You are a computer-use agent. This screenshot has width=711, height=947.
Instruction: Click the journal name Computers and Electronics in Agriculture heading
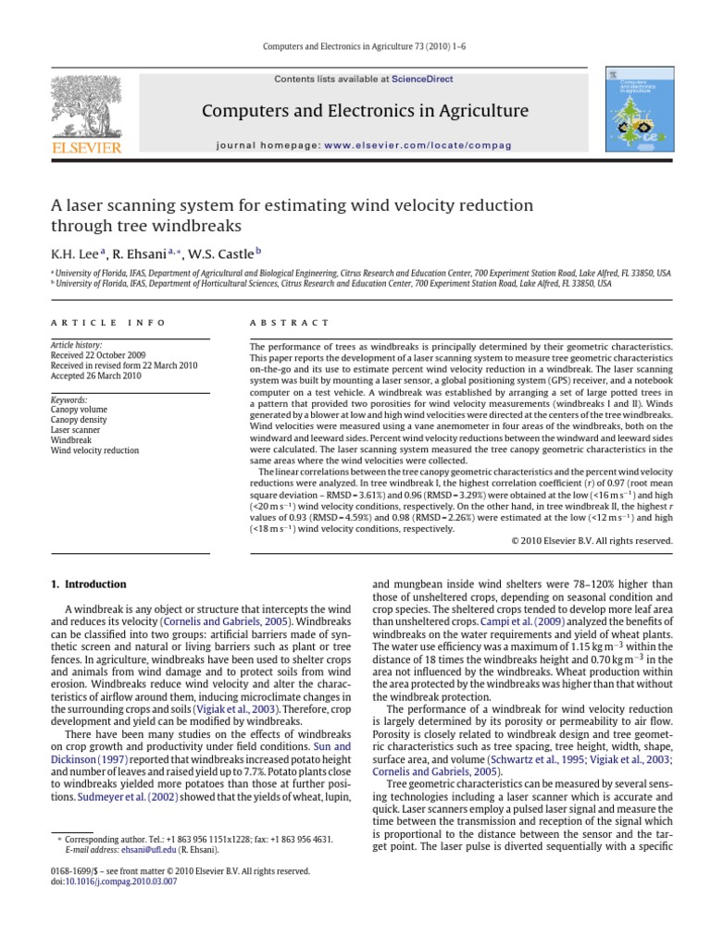(366, 112)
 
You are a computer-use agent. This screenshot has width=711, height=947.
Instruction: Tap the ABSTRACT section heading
(290, 323)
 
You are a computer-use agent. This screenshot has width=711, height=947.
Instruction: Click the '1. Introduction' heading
(88, 584)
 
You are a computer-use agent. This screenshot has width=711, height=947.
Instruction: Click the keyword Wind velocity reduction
(94, 450)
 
